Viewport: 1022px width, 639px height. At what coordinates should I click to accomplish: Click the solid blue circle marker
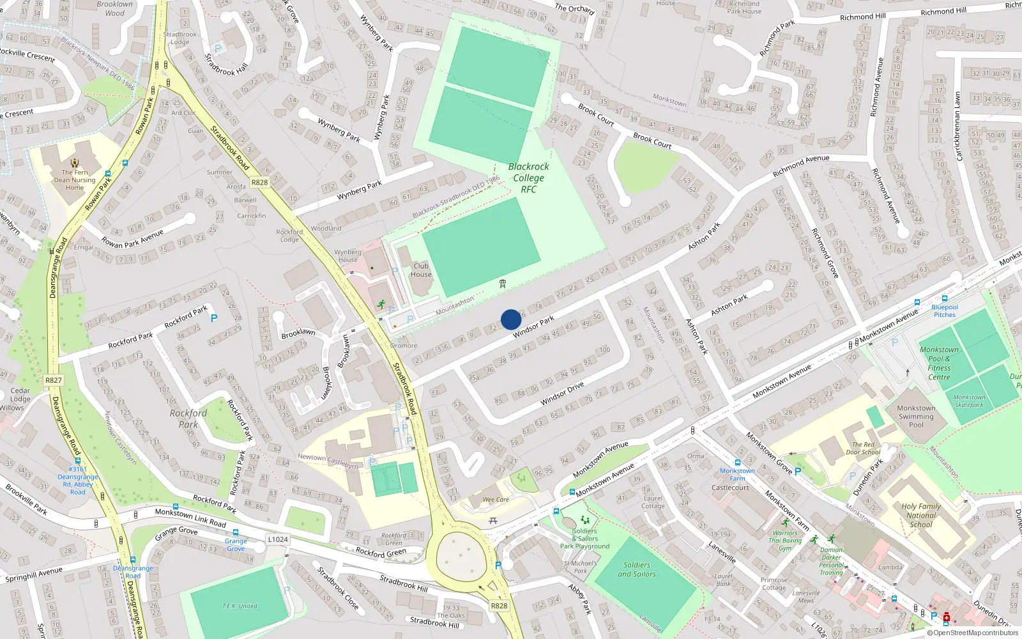tap(511, 319)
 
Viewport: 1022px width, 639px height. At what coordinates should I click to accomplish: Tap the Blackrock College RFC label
tap(529, 178)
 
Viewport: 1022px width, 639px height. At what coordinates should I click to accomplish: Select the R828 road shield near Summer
tap(259, 182)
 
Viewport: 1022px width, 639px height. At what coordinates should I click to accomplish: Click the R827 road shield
tap(54, 380)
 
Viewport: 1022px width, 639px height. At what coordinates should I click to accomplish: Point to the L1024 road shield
tap(278, 539)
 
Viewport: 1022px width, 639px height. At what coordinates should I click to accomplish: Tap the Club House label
tap(421, 270)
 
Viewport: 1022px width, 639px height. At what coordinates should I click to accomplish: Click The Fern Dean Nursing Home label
tap(75, 180)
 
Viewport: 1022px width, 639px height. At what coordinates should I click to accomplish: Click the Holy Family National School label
tap(921, 515)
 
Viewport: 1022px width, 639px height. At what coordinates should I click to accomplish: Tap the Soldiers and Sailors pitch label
tap(637, 569)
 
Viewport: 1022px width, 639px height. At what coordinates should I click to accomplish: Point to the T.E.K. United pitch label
tap(240, 606)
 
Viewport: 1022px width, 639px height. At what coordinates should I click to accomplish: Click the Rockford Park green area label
tap(188, 419)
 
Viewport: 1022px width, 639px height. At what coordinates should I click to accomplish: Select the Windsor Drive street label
tap(562, 394)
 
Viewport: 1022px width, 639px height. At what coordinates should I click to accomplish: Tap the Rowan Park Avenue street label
tap(132, 238)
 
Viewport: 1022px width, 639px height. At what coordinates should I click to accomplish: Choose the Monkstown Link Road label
tap(190, 518)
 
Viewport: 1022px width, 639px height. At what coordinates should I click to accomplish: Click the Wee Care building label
tap(496, 500)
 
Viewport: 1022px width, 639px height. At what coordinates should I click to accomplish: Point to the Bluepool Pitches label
tap(945, 311)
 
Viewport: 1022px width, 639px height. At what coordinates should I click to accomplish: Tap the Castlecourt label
tap(730, 488)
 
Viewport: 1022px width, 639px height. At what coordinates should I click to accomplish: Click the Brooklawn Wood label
tap(115, 8)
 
